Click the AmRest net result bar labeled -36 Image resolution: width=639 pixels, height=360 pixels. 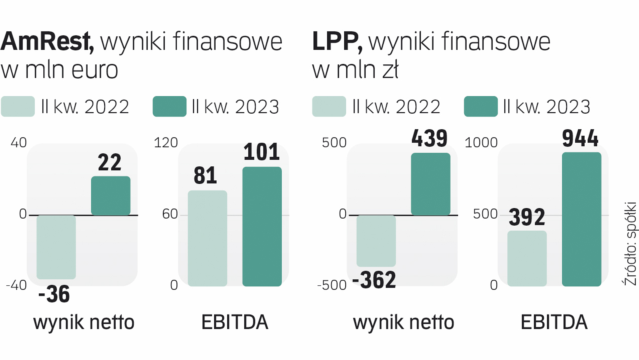coord(56,247)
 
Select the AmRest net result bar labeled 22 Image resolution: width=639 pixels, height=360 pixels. coord(111,196)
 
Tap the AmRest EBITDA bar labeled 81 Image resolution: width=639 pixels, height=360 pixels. coord(207,238)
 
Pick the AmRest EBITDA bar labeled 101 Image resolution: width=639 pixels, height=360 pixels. coord(262,226)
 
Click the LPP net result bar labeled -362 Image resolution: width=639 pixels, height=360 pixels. coord(376,241)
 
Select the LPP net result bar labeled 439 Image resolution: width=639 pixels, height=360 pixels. coord(430,184)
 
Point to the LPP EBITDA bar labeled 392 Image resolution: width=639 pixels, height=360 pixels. coord(527,258)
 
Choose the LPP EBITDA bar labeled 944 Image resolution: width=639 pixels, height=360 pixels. coord(582,219)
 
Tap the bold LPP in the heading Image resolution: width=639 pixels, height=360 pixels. coord(336,42)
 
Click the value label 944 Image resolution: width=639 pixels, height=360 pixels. coord(580,138)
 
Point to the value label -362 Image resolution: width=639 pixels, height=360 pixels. coord(374,280)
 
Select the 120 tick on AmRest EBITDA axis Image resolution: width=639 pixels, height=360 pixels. coord(166,143)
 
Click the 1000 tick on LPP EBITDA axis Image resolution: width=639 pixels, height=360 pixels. coord(481,143)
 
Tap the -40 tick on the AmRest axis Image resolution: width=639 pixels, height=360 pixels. coord(16,285)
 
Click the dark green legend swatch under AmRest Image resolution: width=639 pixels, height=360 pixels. coord(169,106)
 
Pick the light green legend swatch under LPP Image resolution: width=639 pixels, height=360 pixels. coord(329,106)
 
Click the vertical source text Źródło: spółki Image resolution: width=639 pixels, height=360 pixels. coord(630,243)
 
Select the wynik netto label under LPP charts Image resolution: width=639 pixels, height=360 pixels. coord(403,322)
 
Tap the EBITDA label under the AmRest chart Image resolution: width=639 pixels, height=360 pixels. coord(235,322)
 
